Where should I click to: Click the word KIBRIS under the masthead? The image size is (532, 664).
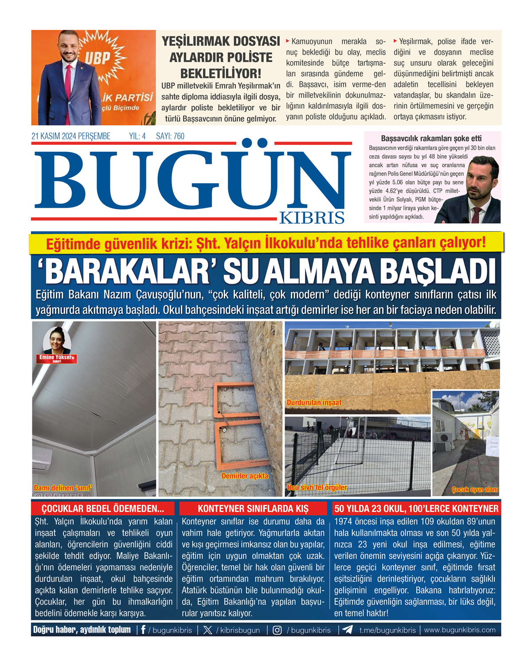(312, 217)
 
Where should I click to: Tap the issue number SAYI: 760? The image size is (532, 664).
(170, 136)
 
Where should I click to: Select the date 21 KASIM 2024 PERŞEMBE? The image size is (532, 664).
(71, 136)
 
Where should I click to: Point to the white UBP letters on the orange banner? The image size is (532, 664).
(97, 57)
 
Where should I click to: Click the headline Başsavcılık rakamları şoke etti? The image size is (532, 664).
(431, 138)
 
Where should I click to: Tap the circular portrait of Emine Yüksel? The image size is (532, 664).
(57, 340)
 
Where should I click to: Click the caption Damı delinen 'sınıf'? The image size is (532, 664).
(63, 488)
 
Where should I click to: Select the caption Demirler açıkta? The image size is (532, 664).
(245, 476)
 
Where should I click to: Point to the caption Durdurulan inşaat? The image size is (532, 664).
(314, 402)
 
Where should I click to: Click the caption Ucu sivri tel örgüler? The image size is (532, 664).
(317, 487)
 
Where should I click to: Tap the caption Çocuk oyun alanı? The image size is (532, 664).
(475, 490)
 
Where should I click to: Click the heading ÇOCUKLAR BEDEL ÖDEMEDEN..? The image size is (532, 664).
(103, 509)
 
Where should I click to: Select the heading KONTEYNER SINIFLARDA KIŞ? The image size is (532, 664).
(253, 509)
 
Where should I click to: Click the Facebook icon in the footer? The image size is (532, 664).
(143, 630)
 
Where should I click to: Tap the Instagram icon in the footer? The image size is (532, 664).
(277, 630)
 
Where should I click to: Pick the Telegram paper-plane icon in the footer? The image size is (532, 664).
(348, 630)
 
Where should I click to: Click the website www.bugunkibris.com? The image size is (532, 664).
(460, 630)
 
